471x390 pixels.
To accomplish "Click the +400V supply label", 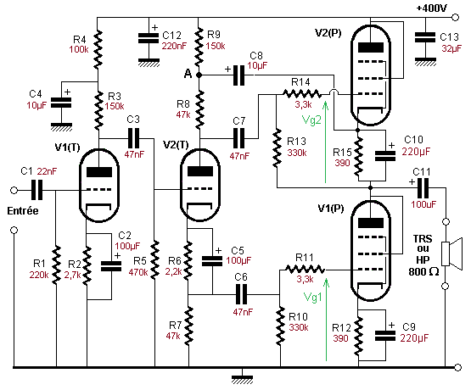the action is [x=432, y=8].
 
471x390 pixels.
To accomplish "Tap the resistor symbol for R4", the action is [x=98, y=48].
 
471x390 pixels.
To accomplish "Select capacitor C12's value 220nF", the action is [x=174, y=46].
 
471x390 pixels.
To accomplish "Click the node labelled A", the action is [x=199, y=75].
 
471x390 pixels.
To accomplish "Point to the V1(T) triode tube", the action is [x=98, y=185].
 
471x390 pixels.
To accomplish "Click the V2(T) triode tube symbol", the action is [x=199, y=185].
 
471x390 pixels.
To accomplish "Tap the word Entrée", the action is [x=23, y=211].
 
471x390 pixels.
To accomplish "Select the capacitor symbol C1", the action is [x=37, y=190].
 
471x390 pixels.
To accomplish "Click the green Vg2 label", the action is [x=311, y=120].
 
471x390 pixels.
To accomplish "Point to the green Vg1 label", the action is [x=312, y=297].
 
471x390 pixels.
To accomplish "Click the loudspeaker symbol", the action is [x=451, y=253].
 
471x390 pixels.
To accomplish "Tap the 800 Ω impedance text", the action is [x=423, y=272].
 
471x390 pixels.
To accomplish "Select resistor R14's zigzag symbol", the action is [x=302, y=94].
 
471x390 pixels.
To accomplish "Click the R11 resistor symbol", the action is [x=305, y=269].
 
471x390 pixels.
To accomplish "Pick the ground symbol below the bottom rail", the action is [x=242, y=379].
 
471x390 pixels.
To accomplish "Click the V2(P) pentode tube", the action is [x=371, y=75].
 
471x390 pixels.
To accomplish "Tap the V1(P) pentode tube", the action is [x=371, y=251].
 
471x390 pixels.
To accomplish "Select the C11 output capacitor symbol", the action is [x=423, y=188].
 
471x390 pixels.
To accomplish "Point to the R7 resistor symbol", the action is [x=189, y=326].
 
